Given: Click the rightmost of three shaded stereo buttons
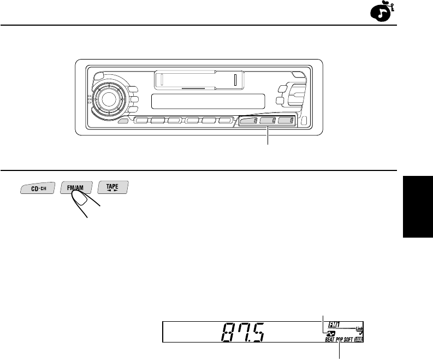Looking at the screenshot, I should tap(286, 121).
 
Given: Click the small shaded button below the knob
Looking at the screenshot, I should tap(124, 121).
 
